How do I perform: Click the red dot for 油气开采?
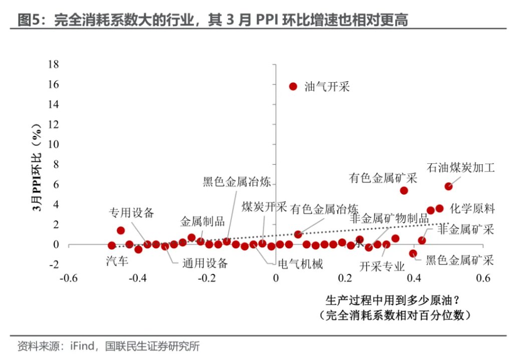pyautogui.click(x=293, y=86)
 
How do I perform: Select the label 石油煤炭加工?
pyautogui.click(x=460, y=168)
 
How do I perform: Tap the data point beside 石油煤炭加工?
pyautogui.click(x=448, y=186)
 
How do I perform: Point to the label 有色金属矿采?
pyautogui.click(x=383, y=178)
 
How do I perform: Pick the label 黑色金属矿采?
pyautogui.click(x=460, y=260)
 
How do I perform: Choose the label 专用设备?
pyautogui.click(x=132, y=212)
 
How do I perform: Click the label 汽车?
pyautogui.click(x=118, y=260)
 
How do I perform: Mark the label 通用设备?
pyautogui.click(x=205, y=263)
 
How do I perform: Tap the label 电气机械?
pyautogui.click(x=300, y=264)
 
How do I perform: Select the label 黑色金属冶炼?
pyautogui.click(x=237, y=182)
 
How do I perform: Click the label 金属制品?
pyautogui.click(x=202, y=221)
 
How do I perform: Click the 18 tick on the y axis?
pyautogui.click(x=53, y=64)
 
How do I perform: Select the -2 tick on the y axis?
pyautogui.click(x=54, y=264)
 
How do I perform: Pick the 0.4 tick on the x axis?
pyautogui.click(x=414, y=278)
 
